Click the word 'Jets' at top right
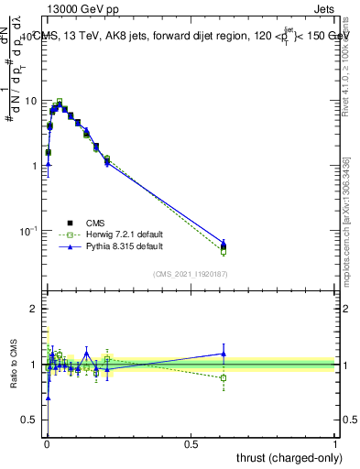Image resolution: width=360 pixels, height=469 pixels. (323, 12)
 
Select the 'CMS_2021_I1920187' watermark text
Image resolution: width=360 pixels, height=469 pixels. (190, 274)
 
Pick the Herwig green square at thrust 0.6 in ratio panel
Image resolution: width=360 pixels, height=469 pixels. (223, 377)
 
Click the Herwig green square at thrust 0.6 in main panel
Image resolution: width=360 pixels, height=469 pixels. (223, 251)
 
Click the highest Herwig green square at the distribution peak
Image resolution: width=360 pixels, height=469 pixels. (60, 102)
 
